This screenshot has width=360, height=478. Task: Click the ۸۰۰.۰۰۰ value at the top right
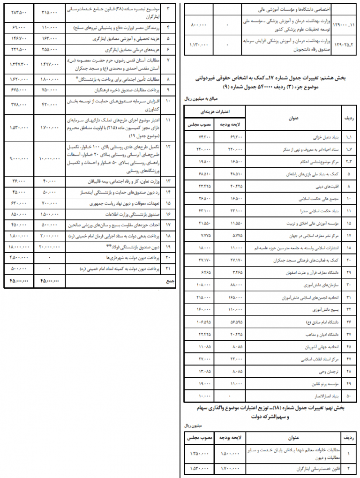(x=197, y=23)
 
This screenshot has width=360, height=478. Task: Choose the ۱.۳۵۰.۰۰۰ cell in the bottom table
(x=198, y=454)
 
